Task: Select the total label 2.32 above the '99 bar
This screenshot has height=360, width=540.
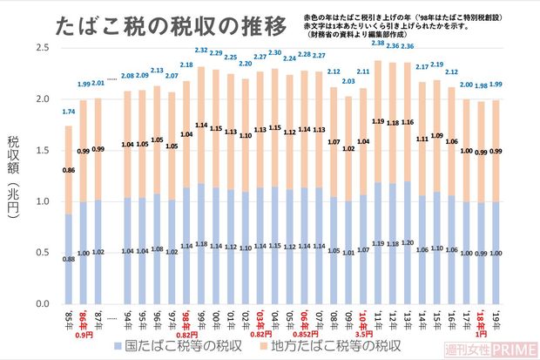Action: point(201,51)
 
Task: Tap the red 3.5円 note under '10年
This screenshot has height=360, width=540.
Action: point(363,334)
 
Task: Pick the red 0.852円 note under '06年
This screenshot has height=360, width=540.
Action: point(304,334)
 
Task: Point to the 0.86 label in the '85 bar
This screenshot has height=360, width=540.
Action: point(68,170)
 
